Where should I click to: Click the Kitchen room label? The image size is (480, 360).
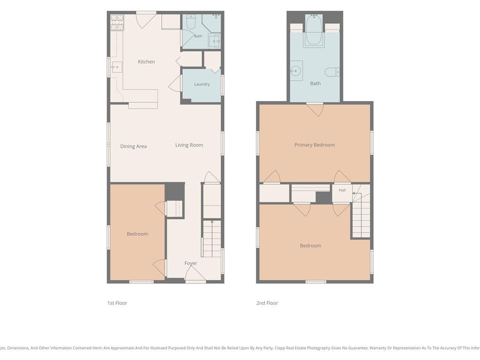[x=146, y=62]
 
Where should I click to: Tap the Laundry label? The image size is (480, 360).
[x=202, y=84]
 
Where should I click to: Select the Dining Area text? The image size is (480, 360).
[x=133, y=146]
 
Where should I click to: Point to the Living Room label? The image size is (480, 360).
[x=189, y=145]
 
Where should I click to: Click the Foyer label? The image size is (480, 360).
[x=191, y=263]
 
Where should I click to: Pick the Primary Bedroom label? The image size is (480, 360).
[x=315, y=145]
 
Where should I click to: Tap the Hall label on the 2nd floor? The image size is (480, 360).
[x=342, y=190]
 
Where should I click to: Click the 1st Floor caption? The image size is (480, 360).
[x=117, y=303]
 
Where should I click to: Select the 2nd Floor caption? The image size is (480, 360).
[x=267, y=303]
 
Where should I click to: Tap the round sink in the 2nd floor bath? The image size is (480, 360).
[x=295, y=71]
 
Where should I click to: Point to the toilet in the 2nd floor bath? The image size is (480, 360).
[x=332, y=72]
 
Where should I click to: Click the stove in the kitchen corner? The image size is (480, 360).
[x=117, y=22]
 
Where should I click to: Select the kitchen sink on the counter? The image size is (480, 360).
[x=117, y=67]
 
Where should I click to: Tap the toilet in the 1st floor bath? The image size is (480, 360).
[x=191, y=22]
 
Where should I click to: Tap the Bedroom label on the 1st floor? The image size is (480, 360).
[x=137, y=234]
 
